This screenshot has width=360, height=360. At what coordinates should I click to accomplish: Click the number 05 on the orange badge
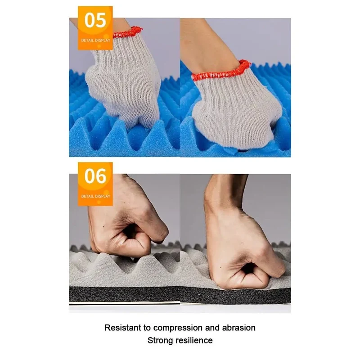[x=95, y=20]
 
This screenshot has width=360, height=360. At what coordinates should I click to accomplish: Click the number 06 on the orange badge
[x=95, y=176]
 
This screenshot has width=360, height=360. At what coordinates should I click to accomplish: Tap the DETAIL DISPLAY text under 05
[x=96, y=40]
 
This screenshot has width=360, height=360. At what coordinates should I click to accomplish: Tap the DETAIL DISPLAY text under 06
[x=96, y=196]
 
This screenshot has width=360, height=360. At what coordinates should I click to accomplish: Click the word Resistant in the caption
[x=122, y=328]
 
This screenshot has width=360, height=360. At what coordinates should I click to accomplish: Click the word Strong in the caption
[x=161, y=341]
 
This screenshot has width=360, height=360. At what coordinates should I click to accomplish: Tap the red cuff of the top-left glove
[x=128, y=32]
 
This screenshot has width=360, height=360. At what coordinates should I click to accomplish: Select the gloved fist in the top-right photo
[x=237, y=108]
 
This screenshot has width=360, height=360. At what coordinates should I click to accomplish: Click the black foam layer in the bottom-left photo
[x=124, y=295]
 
